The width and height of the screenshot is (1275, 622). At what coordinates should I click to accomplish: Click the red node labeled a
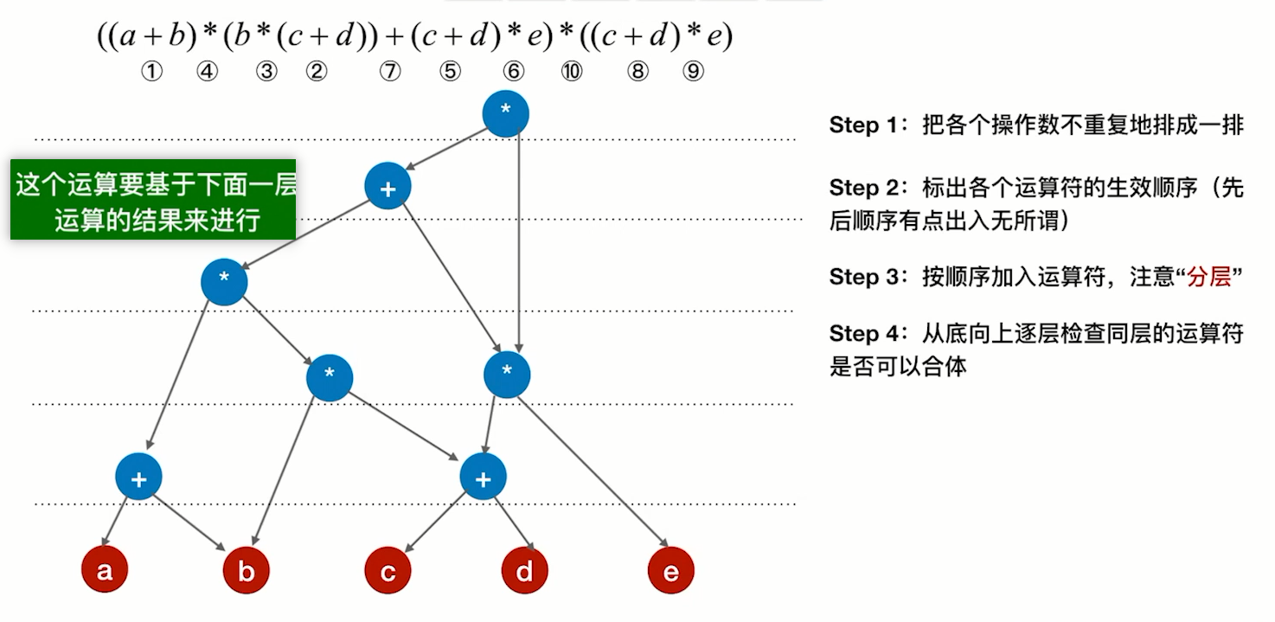pyautogui.click(x=105, y=571)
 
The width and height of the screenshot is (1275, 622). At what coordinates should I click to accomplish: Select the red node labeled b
pyautogui.click(x=247, y=571)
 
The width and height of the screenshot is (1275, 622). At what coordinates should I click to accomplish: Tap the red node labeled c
pyautogui.click(x=388, y=571)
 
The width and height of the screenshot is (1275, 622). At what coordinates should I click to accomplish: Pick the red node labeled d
pyautogui.click(x=525, y=571)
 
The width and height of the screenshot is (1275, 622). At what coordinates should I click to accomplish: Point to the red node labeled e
pyautogui.click(x=671, y=571)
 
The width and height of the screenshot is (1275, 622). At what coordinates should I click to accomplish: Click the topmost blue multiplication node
pyautogui.click(x=506, y=113)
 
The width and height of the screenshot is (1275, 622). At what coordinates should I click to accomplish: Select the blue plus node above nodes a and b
pyautogui.click(x=138, y=478)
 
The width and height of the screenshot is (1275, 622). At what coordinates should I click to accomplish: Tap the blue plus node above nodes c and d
pyautogui.click(x=483, y=478)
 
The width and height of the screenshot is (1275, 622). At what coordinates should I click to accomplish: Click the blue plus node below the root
pyautogui.click(x=388, y=187)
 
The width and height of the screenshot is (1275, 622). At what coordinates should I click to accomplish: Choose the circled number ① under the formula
pyautogui.click(x=151, y=72)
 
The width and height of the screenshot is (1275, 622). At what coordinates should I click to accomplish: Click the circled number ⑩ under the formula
pyautogui.click(x=572, y=72)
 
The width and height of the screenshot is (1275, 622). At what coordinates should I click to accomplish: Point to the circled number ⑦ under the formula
pyautogui.click(x=390, y=72)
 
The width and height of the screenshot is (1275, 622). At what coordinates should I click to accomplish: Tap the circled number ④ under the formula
pyautogui.click(x=207, y=72)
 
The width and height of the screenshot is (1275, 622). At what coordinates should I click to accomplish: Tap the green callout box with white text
pyautogui.click(x=153, y=199)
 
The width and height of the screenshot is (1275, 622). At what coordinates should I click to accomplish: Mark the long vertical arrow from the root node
pyautogui.click(x=517, y=242)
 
